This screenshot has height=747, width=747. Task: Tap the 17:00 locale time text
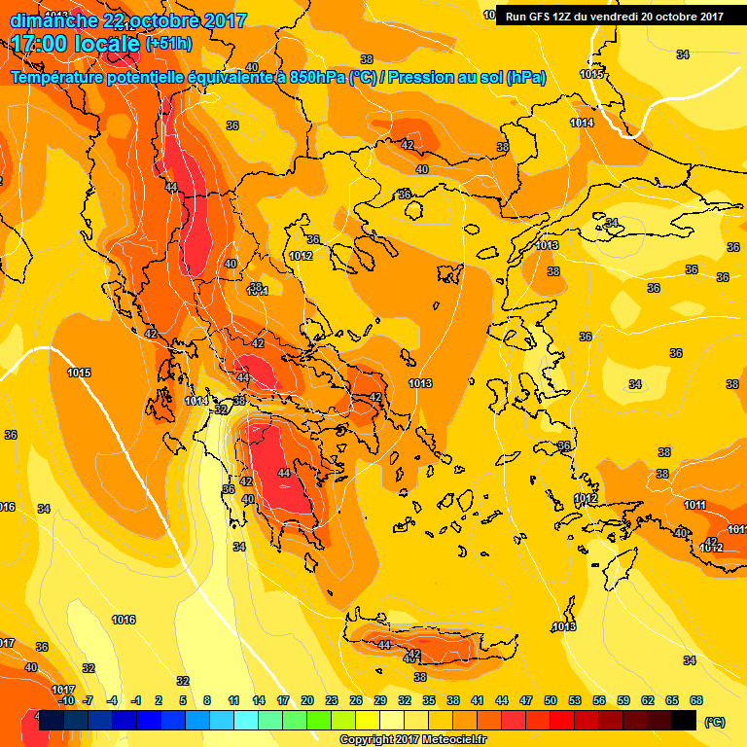(74, 43)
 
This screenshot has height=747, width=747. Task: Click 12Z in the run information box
(565, 17)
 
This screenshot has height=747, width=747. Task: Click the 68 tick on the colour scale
(696, 700)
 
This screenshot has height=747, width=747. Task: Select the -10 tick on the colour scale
(66, 700)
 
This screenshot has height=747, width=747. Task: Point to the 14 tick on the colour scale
(259, 700)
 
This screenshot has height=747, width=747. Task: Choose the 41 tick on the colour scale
(478, 700)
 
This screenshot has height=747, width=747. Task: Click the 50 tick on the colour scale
(551, 700)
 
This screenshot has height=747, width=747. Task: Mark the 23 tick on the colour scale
(332, 700)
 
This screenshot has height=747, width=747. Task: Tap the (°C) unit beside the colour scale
(715, 722)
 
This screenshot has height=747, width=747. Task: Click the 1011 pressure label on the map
(694, 505)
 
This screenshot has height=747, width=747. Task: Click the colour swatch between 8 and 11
(222, 720)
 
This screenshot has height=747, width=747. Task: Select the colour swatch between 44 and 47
(514, 720)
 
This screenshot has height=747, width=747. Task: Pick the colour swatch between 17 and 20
(295, 720)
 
